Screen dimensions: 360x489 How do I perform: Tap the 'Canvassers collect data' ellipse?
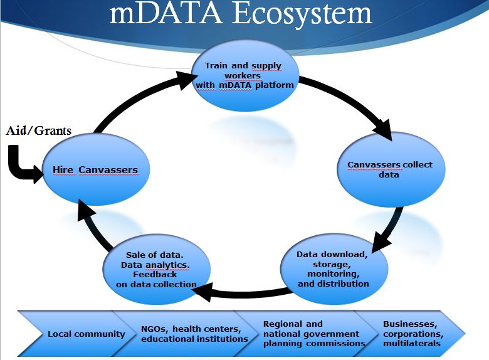pyautogui.click(x=389, y=170)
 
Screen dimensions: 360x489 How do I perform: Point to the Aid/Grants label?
pyautogui.click(x=39, y=131)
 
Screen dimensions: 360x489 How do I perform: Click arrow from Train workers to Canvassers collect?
pyautogui.click(x=351, y=103)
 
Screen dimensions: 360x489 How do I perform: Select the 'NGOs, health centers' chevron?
pyautogui.click(x=191, y=334)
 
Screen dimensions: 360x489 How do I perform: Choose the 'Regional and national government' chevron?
pyautogui.click(x=307, y=334)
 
